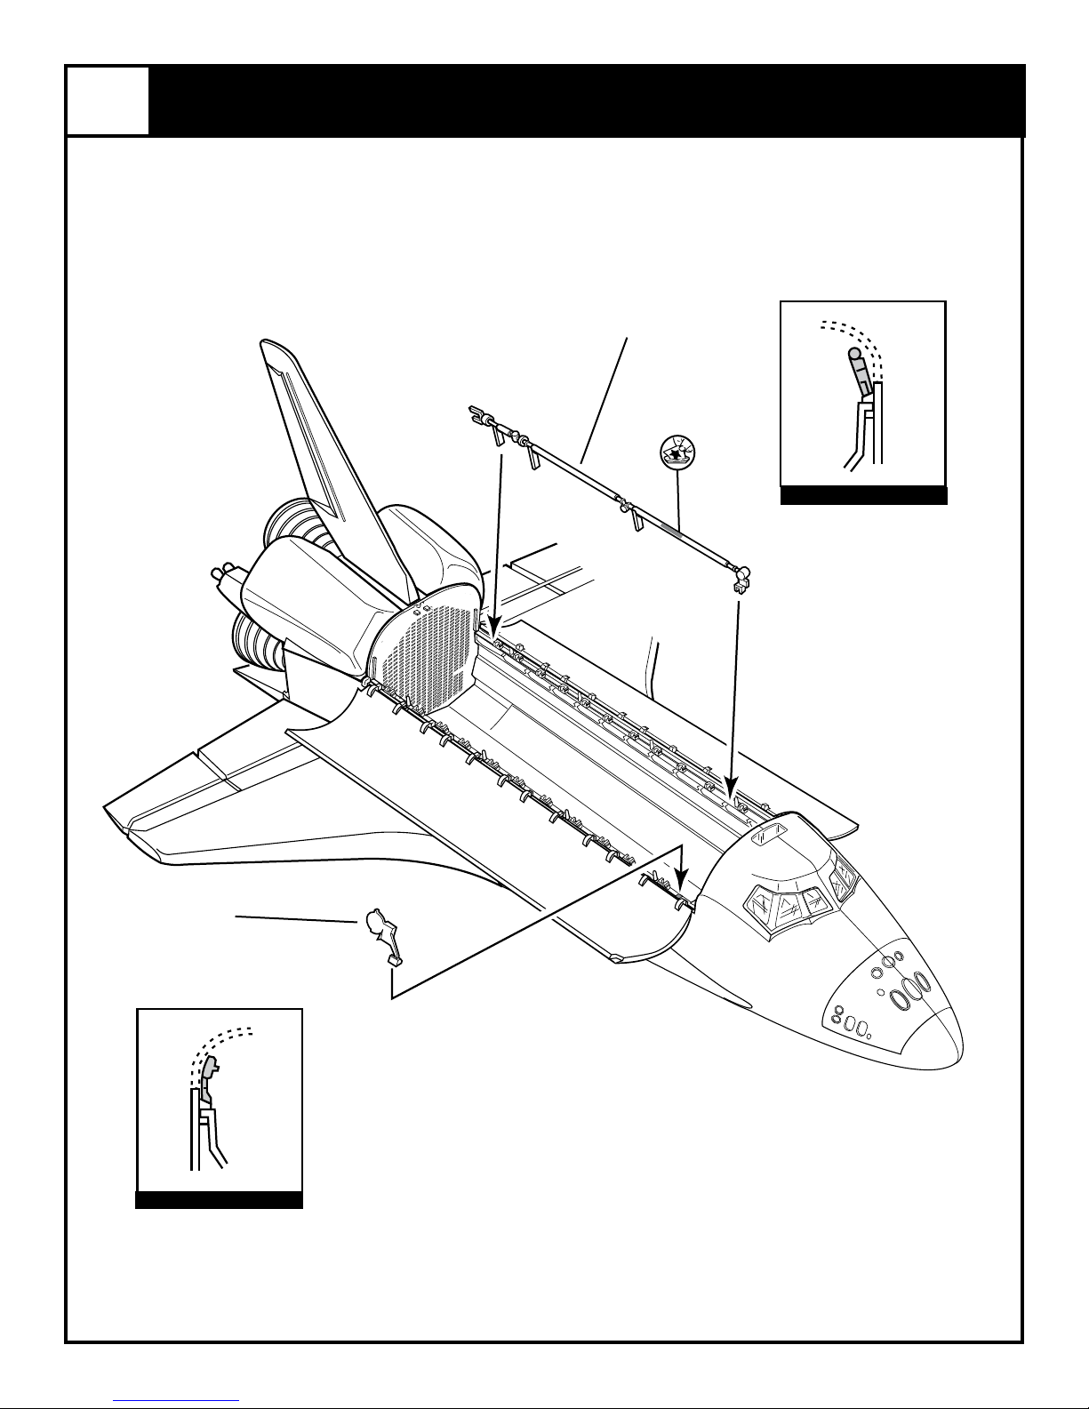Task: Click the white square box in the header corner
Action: tap(108, 100)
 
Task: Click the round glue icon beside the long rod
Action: tap(677, 452)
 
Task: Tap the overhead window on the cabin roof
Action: tap(770, 835)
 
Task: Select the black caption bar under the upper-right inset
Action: tap(863, 496)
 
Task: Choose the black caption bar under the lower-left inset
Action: tap(219, 1200)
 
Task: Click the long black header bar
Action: tap(587, 100)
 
